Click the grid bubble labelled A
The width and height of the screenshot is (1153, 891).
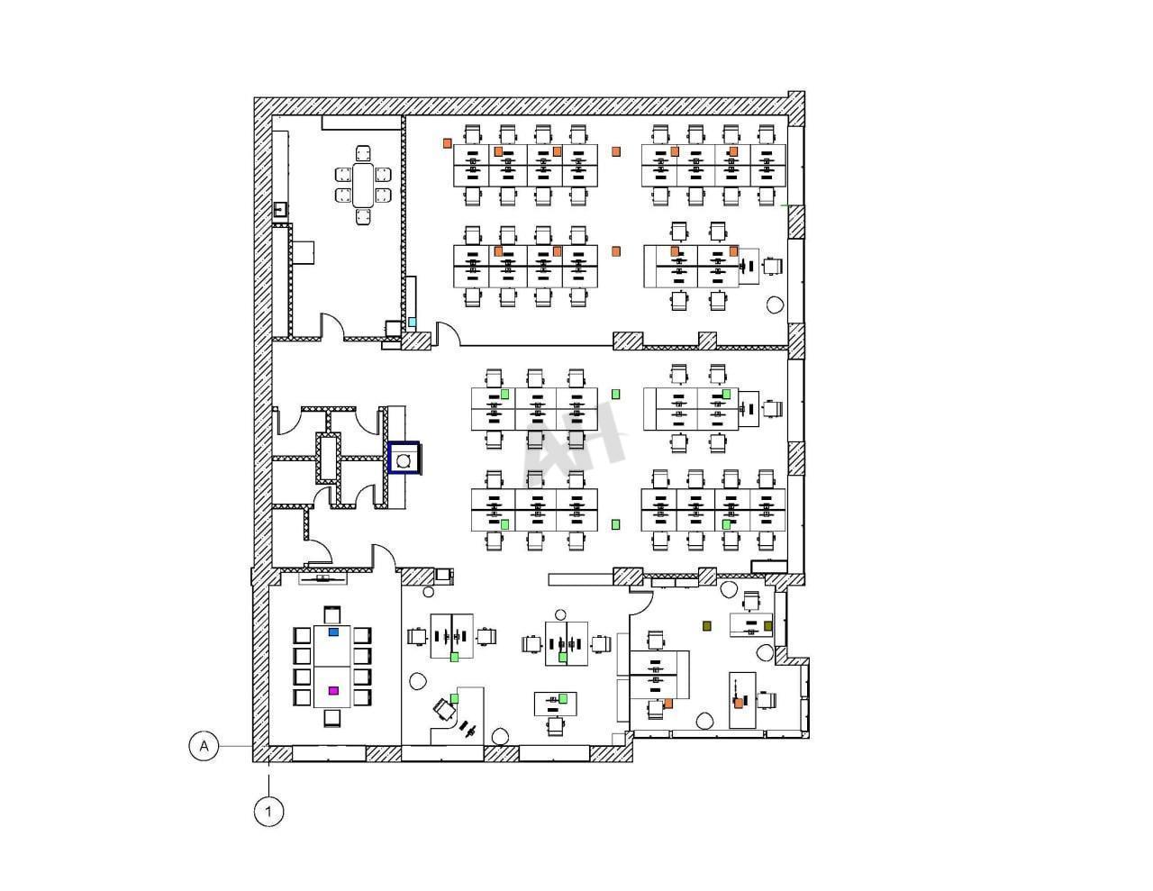(x=204, y=746)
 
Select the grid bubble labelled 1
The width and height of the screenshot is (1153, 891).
(x=269, y=812)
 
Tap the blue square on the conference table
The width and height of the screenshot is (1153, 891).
(x=333, y=632)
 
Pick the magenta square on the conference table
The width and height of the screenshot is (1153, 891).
(x=333, y=690)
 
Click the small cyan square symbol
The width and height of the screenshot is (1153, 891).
(x=413, y=323)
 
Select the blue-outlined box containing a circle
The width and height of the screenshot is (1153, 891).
(x=404, y=458)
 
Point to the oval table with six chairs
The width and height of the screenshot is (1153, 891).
(x=363, y=185)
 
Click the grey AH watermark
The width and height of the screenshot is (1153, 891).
(x=573, y=442)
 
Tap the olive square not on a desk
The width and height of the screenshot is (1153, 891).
(x=707, y=626)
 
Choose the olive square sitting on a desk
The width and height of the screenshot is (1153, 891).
(x=767, y=626)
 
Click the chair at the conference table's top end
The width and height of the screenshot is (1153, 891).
(x=332, y=614)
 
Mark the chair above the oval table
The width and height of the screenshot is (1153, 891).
(x=363, y=153)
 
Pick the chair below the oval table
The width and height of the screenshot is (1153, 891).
(x=363, y=217)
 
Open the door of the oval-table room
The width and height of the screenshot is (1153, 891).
(x=332, y=325)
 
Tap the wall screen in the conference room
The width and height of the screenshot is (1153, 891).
(x=322, y=578)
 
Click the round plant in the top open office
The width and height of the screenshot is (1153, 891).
(x=775, y=305)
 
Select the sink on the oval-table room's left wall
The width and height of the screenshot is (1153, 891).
(x=281, y=210)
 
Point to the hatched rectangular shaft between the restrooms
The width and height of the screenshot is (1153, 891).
(x=329, y=458)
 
